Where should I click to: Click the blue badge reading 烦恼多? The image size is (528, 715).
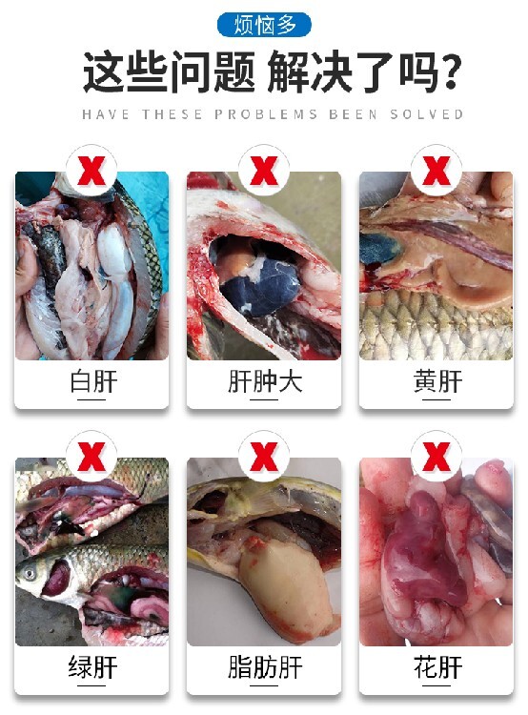tap(264, 25)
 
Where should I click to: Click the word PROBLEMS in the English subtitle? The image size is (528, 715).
tap(266, 114)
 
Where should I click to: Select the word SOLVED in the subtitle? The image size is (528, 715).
tap(427, 114)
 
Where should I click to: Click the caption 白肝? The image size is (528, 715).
tap(93, 381)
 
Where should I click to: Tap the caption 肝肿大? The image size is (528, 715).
tap(264, 381)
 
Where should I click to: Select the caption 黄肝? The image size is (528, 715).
tap(437, 381)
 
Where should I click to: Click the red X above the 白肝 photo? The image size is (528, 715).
tap(91, 171)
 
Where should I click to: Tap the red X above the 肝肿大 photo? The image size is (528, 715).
tap(264, 171)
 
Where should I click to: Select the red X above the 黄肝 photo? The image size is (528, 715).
tap(437, 171)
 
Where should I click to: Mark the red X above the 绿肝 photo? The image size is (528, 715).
tap(91, 457)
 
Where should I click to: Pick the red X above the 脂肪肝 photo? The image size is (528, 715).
tap(264, 457)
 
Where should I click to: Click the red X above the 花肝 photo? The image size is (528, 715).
tap(437, 457)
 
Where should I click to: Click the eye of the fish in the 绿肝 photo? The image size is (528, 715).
tap(30, 573)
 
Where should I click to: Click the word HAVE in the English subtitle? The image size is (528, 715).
tap(106, 114)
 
